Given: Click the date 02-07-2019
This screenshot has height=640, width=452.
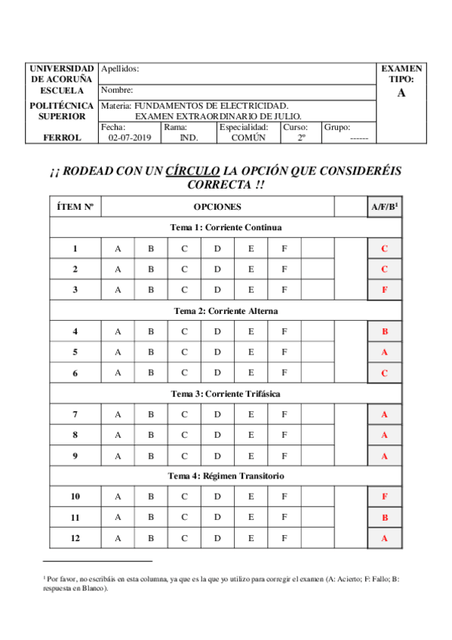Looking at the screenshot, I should pos(130,138).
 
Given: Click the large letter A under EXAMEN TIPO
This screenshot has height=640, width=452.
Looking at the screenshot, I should pos(401,93).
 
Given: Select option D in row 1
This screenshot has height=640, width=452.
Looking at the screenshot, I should pos(217,248).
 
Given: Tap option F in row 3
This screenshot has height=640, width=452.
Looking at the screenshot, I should pos(284,289).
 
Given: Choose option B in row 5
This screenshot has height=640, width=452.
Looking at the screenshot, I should pos(151,352).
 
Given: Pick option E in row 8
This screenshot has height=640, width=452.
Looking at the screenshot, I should pos(251,435).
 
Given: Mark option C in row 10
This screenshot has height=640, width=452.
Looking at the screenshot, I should pos(184,497).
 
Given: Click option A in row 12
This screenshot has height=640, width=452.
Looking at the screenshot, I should pos(117,538).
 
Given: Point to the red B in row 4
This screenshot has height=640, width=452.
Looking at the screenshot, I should pos(385,331).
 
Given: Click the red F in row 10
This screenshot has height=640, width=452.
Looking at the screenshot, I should pos(385,497).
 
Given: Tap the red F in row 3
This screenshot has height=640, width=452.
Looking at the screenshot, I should pos(385,289).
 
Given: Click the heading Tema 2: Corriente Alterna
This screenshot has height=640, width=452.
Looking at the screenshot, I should pos(226,311).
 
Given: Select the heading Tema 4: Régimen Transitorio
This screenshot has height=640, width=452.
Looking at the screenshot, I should pos(226,476).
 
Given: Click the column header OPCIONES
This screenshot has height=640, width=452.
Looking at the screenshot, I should pos(217,206).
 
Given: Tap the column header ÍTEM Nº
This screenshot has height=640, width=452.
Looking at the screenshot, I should pos(75,206).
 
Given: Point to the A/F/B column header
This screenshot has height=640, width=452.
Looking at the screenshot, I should pos(385,206).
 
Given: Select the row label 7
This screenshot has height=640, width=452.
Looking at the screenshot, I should pos(75,414).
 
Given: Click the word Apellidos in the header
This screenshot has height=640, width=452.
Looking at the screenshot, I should pos(119,69).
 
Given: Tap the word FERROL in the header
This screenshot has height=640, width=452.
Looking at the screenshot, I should pos(63,138).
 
